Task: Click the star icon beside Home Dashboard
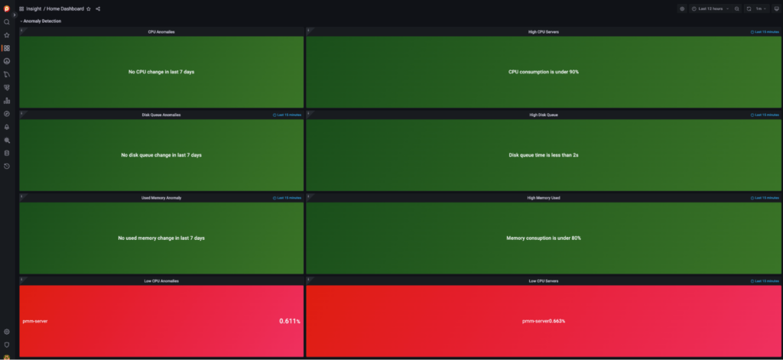pos(89,8)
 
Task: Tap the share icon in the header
pos(99,8)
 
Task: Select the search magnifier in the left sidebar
pos(7,22)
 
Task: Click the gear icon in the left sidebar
pos(7,332)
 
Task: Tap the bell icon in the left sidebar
pos(7,127)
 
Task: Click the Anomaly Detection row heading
pos(41,21)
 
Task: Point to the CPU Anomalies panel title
pos(161,32)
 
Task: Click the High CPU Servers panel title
pos(543,32)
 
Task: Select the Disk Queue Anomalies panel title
pos(161,115)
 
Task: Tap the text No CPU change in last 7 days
pos(161,72)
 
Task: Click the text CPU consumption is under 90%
pos(543,72)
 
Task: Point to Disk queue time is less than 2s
pos(543,155)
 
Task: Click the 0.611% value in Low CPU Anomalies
pos(289,321)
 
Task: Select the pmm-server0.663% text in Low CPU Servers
pos(543,321)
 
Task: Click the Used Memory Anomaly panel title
pos(161,198)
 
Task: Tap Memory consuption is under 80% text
pos(543,238)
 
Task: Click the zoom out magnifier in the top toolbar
pos(736,8)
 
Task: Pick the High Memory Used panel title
pos(543,198)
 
